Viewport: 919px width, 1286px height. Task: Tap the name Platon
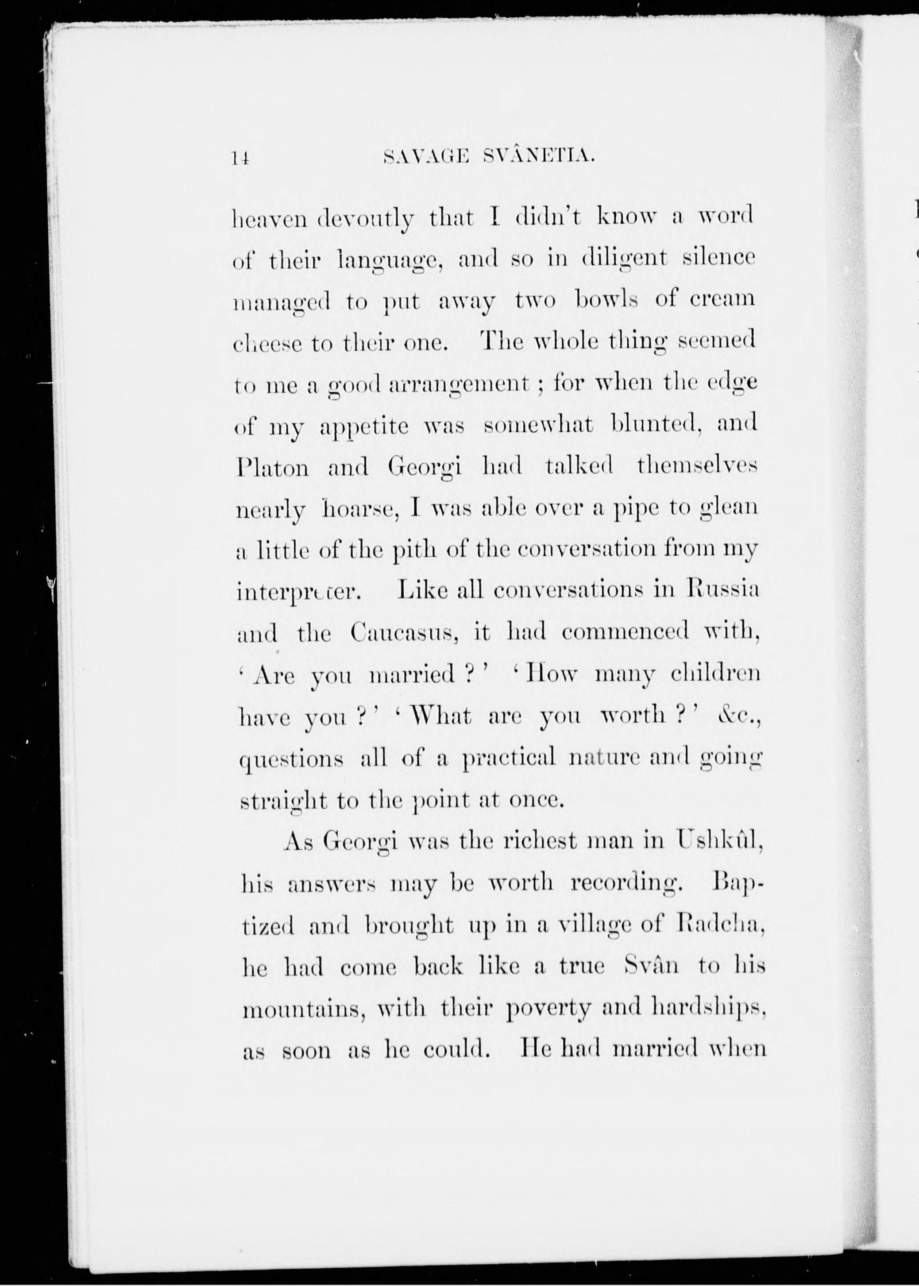pyautogui.click(x=272, y=468)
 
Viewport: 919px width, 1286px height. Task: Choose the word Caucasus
pyautogui.click(x=403, y=632)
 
